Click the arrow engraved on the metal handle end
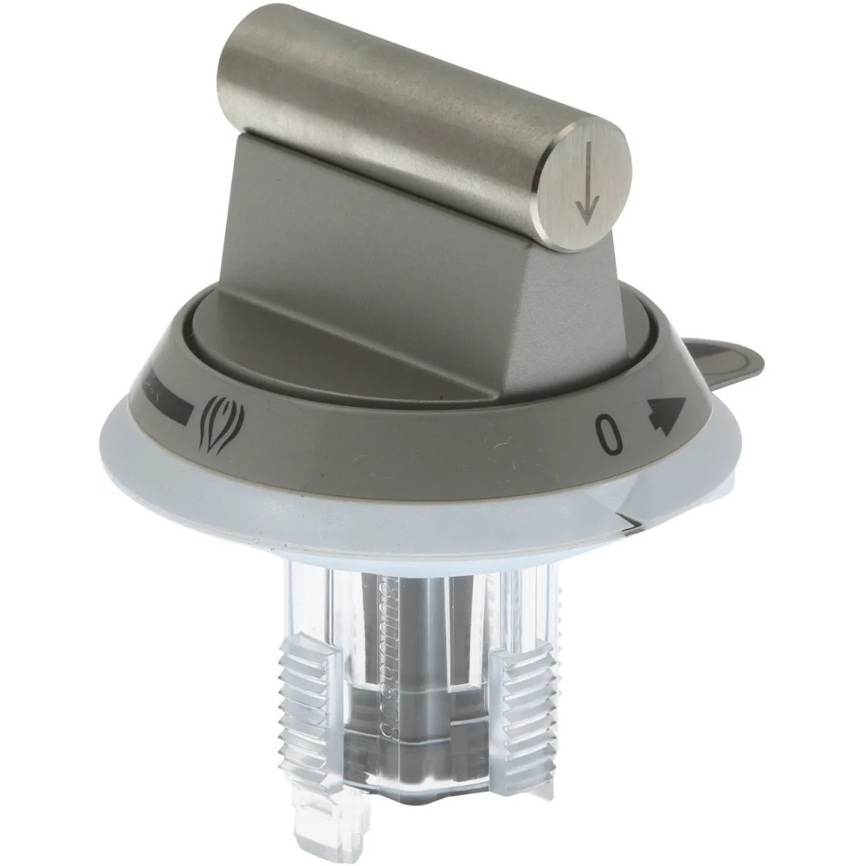click(x=587, y=184)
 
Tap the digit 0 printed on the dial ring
click(x=610, y=436)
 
